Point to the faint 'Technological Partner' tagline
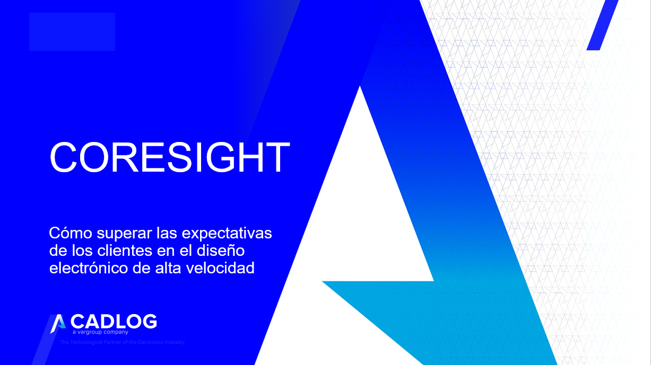point(122,342)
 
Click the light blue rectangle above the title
point(72,32)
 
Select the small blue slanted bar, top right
point(602,25)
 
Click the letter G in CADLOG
point(149,321)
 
